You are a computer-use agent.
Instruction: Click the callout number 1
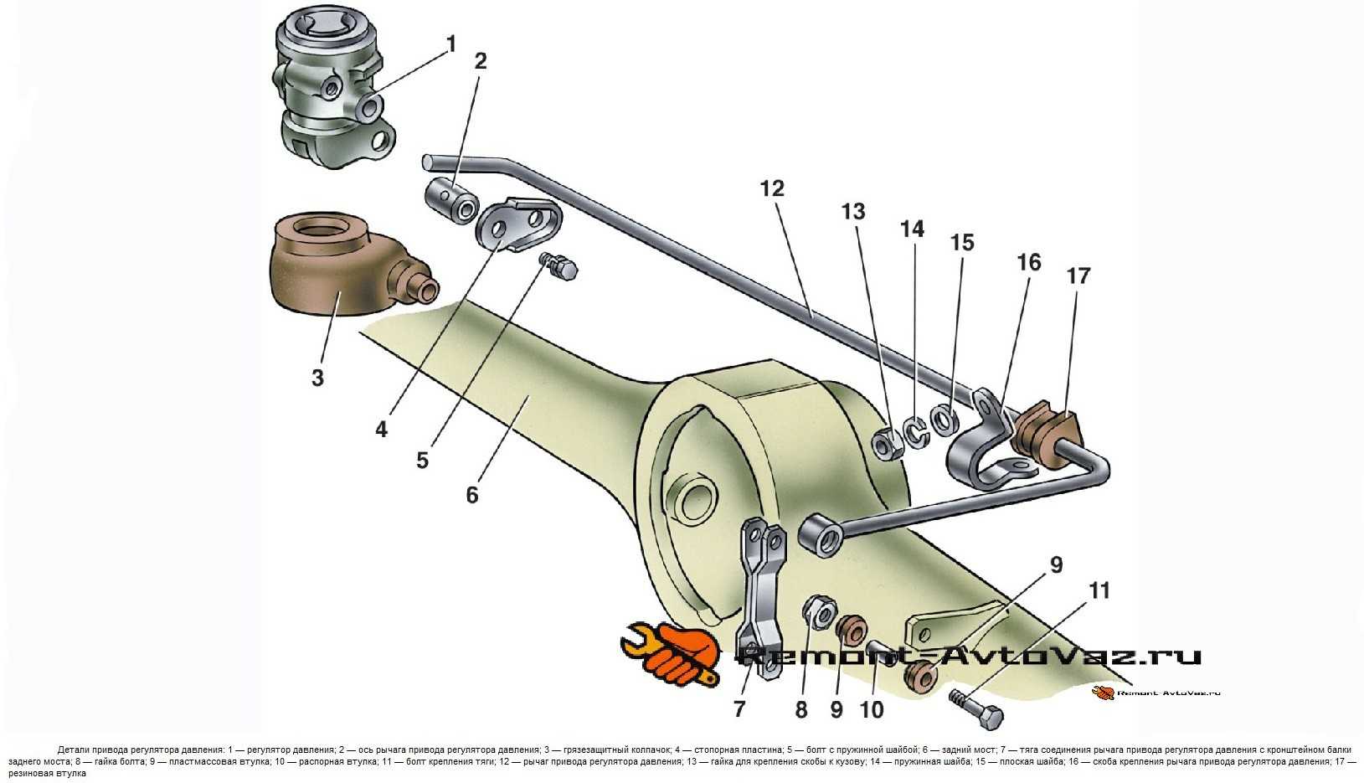(x=451, y=44)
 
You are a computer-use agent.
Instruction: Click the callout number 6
(x=472, y=495)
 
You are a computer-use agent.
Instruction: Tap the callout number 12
(x=772, y=189)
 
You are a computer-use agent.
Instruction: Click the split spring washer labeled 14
(x=916, y=430)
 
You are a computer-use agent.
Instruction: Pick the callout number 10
(x=872, y=709)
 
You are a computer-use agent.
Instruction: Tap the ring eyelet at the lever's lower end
(x=820, y=537)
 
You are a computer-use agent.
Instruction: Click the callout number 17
(x=1078, y=276)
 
